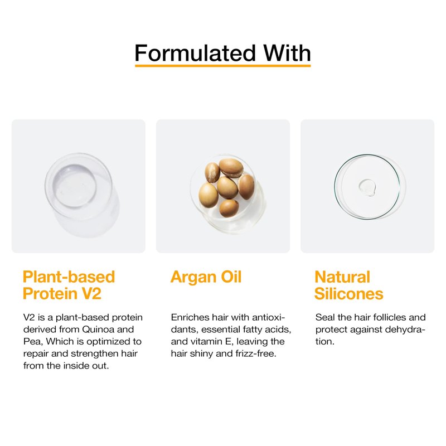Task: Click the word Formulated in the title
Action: click(x=195, y=53)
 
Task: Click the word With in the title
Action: click(x=287, y=53)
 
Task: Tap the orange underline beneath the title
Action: click(x=222, y=66)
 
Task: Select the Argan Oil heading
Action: click(x=206, y=277)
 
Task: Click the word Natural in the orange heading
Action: click(x=342, y=277)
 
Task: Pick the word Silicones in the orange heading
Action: click(x=349, y=294)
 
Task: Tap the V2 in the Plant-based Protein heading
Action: click(x=91, y=294)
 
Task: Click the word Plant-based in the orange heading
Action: click(x=69, y=277)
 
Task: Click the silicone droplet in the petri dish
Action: click(x=367, y=187)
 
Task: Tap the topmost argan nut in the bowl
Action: click(x=231, y=168)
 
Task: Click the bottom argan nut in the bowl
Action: click(x=229, y=208)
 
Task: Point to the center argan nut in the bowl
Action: click(x=227, y=187)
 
